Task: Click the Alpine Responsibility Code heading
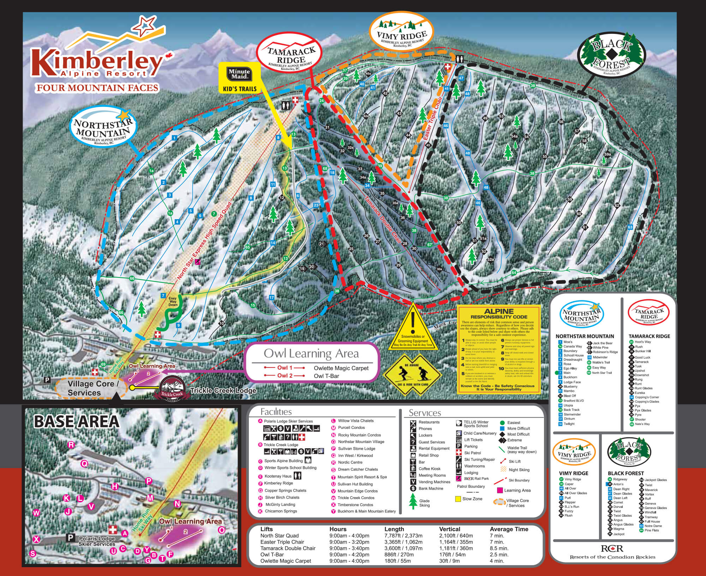(x=499, y=314)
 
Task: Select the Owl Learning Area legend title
(x=311, y=354)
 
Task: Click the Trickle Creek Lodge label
(x=223, y=390)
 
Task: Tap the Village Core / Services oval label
(x=91, y=388)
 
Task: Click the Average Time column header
(x=509, y=529)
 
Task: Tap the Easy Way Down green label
(x=173, y=302)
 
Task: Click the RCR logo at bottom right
(x=612, y=548)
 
